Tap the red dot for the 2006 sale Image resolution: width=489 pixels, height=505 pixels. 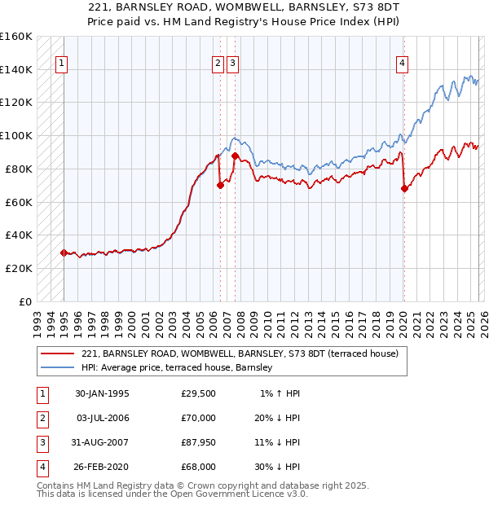tap(220, 185)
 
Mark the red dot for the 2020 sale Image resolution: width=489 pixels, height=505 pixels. tap(404, 188)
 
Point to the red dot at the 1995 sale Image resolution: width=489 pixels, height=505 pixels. tap(64, 253)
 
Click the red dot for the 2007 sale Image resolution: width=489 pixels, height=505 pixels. tap(235, 156)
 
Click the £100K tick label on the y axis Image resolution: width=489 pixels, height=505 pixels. tap(16, 135)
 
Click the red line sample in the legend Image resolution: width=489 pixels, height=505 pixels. tap(58, 354)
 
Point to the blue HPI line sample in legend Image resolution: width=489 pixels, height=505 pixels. tap(58, 368)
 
